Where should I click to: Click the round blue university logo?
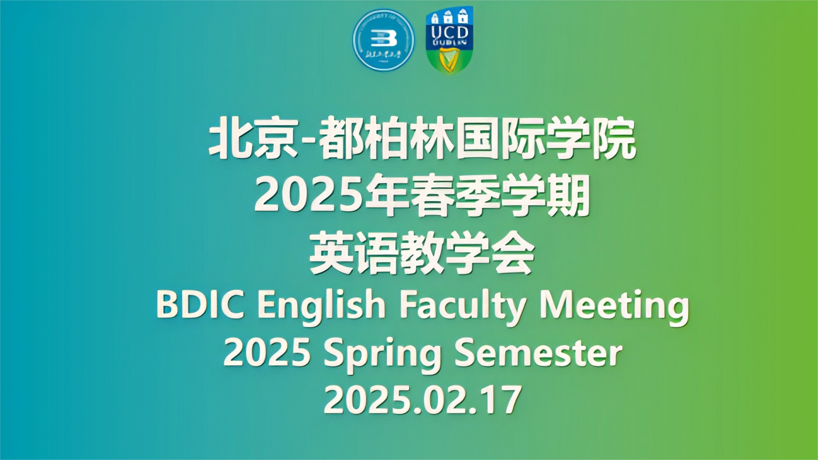[x=383, y=40]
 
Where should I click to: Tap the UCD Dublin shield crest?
[x=449, y=39]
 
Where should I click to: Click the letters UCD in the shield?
[x=449, y=32]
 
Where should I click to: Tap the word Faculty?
[x=463, y=307]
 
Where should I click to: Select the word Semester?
[x=538, y=353]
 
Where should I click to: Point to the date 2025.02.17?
[x=422, y=400]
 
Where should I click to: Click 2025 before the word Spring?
[x=267, y=353]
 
